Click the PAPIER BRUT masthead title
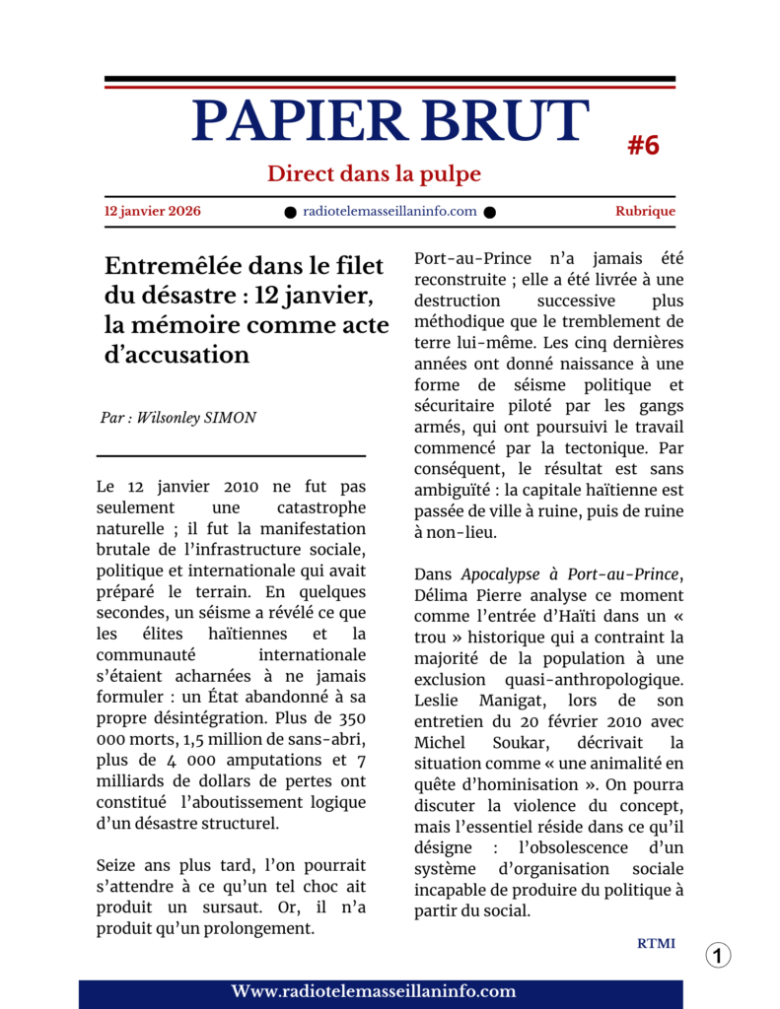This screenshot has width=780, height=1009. coord(390,122)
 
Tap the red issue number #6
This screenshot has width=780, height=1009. coord(643,146)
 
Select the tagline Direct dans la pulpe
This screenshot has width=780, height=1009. coord(374,174)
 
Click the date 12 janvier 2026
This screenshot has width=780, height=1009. coord(152,211)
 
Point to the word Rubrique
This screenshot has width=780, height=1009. coord(645,211)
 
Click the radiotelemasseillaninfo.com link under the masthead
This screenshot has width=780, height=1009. coord(390,211)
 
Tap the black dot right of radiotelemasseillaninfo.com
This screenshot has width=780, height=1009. coord(490,212)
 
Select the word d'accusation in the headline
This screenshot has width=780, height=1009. coord(177,355)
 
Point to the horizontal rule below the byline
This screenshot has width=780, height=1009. coord(231,455)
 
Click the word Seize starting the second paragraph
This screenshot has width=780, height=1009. coord(118,865)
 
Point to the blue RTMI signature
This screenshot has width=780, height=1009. coord(656,944)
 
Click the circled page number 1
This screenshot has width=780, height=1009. coord(718,955)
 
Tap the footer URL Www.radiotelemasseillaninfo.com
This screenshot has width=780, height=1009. coord(374,991)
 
